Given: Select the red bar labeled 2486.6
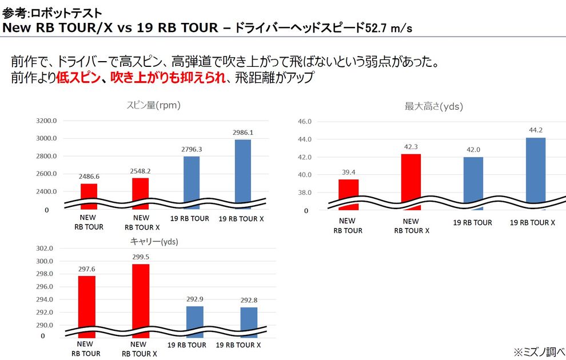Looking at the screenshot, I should [x=89, y=192].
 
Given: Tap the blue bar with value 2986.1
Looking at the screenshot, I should [x=242, y=169].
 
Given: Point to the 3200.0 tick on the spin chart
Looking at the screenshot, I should [x=46, y=121].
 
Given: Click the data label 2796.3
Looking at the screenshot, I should [x=192, y=149].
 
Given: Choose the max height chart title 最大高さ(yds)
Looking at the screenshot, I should [x=433, y=106].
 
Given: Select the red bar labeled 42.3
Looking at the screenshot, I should [x=410, y=177].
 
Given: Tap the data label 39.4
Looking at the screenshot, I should [x=348, y=171].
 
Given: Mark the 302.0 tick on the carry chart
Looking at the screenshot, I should [x=45, y=249].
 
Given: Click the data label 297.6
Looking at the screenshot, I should [x=87, y=269].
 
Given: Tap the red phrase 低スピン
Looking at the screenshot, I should [x=78, y=78].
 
